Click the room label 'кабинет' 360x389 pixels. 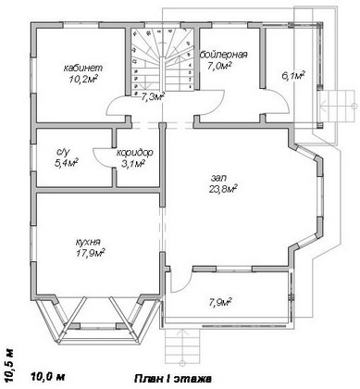point(83,68)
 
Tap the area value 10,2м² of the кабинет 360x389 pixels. point(83,80)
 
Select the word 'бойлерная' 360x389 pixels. point(224,55)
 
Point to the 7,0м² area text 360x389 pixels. point(219,66)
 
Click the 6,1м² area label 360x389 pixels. point(293,76)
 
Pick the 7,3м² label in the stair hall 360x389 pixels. point(153,97)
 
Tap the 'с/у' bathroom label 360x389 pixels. point(64,152)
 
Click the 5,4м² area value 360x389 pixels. point(66,163)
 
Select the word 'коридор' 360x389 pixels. point(135,152)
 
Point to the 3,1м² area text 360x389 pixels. point(133,163)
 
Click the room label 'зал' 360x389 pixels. point(218,178)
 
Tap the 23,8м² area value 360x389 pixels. point(222,189)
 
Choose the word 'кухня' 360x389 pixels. point(88,242)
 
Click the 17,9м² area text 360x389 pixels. point(90,253)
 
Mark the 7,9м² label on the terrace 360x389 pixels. point(220,302)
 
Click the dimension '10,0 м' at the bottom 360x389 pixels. point(48,376)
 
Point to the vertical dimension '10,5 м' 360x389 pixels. point(9,366)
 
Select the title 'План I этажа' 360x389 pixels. point(173,379)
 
